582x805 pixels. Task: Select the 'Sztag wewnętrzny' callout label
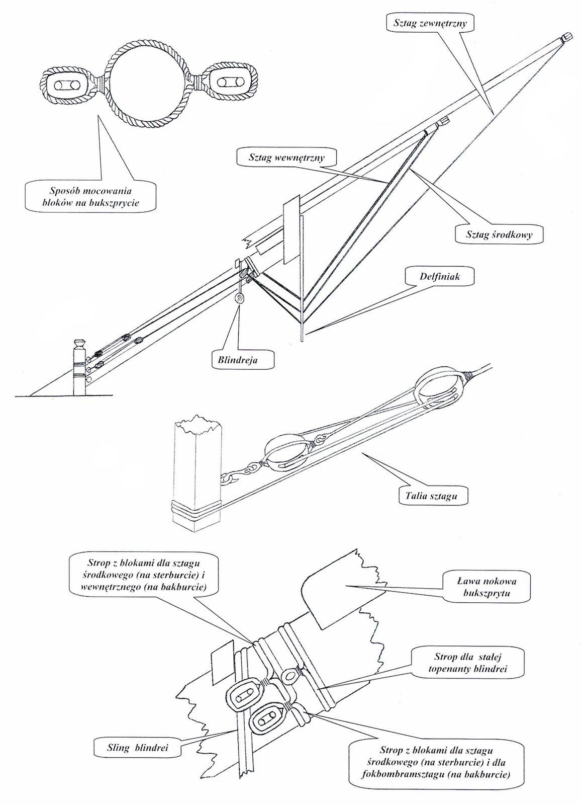pyautogui.click(x=286, y=157)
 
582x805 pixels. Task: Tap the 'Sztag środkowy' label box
pyautogui.click(x=499, y=234)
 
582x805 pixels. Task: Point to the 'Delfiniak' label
pyautogui.click(x=439, y=276)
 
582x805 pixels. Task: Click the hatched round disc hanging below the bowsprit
pyautogui.click(x=240, y=298)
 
